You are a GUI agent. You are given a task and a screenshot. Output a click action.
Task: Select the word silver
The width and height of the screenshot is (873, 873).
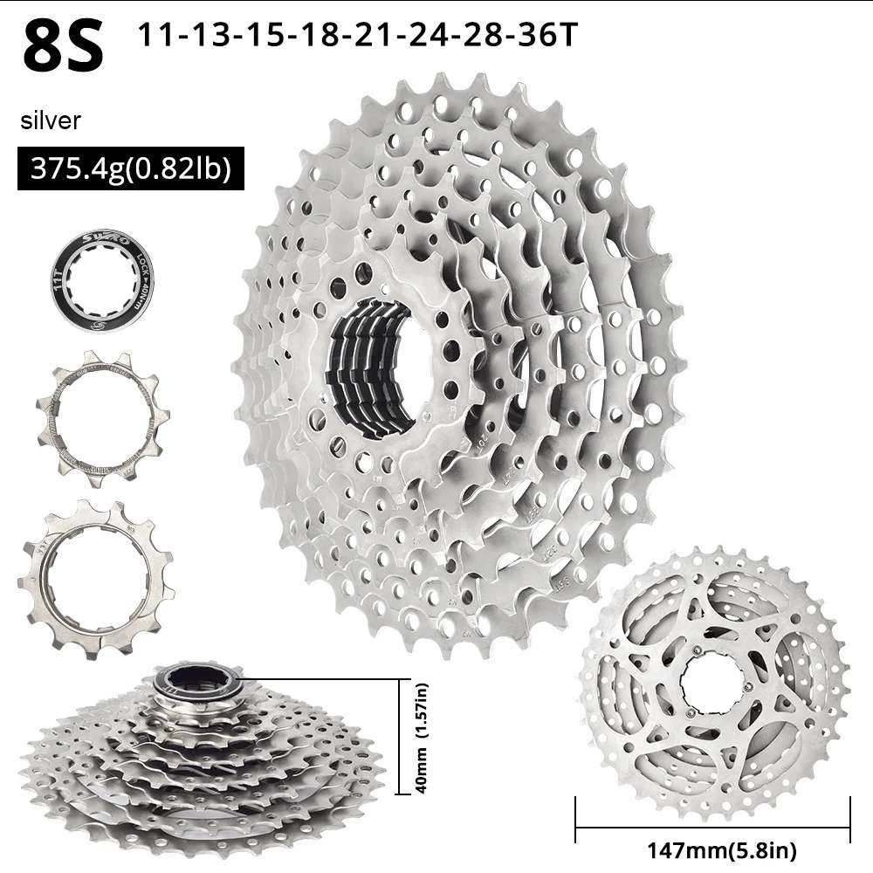point(51,120)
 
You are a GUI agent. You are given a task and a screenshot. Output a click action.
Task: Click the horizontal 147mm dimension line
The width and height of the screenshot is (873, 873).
point(712,826)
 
